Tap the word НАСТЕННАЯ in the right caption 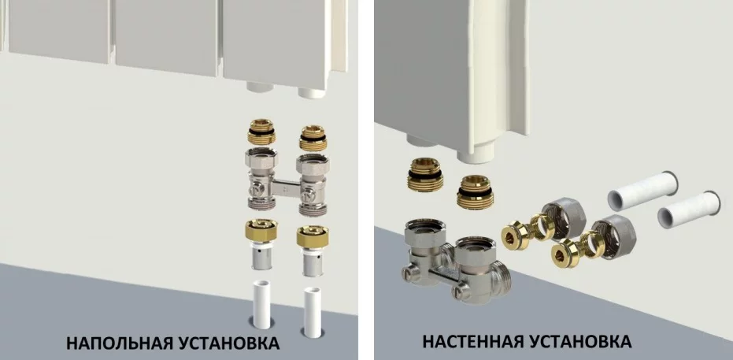(x=472, y=341)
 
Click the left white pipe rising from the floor (x=261, y=304)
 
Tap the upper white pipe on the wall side (x=642, y=191)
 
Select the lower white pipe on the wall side (x=689, y=210)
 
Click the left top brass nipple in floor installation (x=261, y=132)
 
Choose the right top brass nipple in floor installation (x=313, y=138)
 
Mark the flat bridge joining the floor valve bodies (x=286, y=188)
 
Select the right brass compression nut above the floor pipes (x=313, y=237)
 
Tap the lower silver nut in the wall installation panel (x=613, y=236)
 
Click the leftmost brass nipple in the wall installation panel (x=425, y=175)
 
